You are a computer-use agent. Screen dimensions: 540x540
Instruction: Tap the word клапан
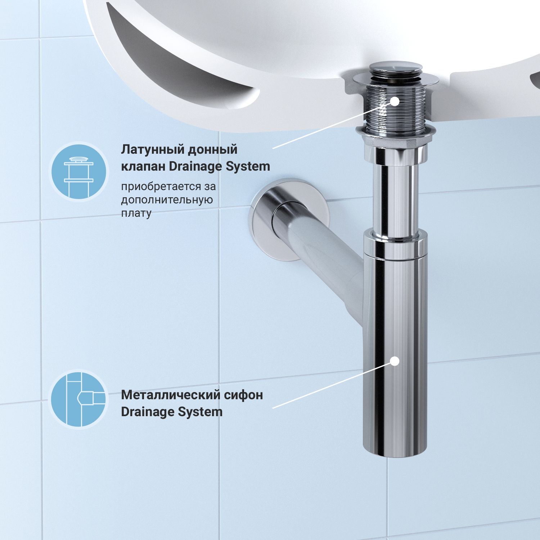(143, 166)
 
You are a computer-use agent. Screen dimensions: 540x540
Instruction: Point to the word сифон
(243, 395)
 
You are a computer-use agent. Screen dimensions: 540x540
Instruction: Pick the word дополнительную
(167, 200)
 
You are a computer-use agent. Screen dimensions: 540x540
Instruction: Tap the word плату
(136, 213)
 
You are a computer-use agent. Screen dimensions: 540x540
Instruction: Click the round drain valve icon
(79, 171)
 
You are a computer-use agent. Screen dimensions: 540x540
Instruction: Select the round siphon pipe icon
(79, 399)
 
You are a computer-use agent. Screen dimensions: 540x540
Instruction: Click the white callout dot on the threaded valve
(395, 101)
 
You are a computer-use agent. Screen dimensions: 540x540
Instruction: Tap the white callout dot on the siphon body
(395, 361)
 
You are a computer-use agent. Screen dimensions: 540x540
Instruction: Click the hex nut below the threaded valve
(396, 132)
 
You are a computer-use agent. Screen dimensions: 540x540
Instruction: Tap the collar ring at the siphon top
(395, 245)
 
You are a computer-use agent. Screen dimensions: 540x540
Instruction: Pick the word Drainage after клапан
(195, 166)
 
